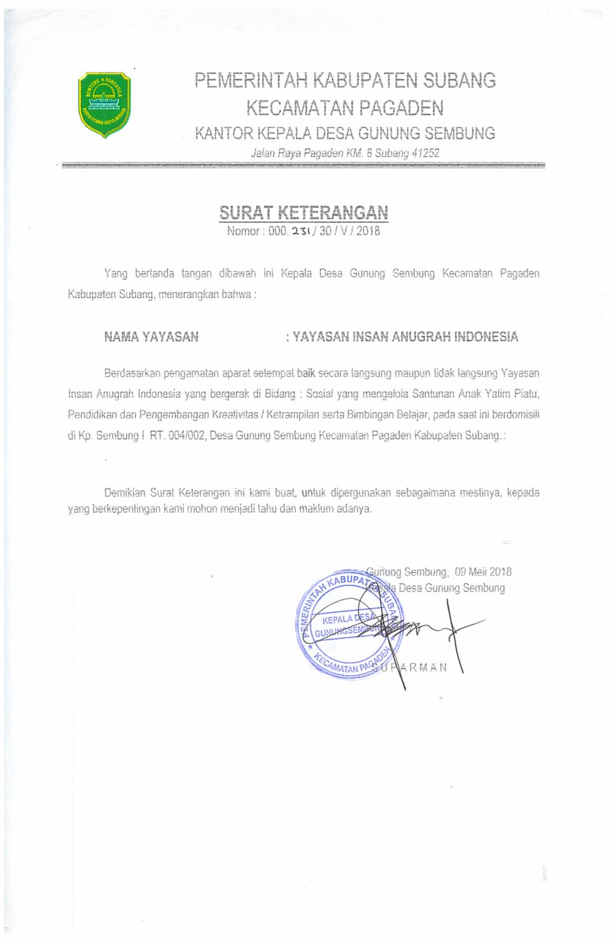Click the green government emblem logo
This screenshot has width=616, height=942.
click(x=104, y=105)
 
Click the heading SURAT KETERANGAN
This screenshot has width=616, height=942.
click(x=304, y=213)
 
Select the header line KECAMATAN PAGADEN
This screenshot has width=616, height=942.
click(x=344, y=108)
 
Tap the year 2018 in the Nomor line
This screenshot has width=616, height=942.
click(x=367, y=232)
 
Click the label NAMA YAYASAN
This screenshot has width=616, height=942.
click(x=151, y=336)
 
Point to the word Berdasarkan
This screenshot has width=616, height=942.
click(x=132, y=373)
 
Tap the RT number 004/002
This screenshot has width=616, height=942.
click(x=183, y=435)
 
